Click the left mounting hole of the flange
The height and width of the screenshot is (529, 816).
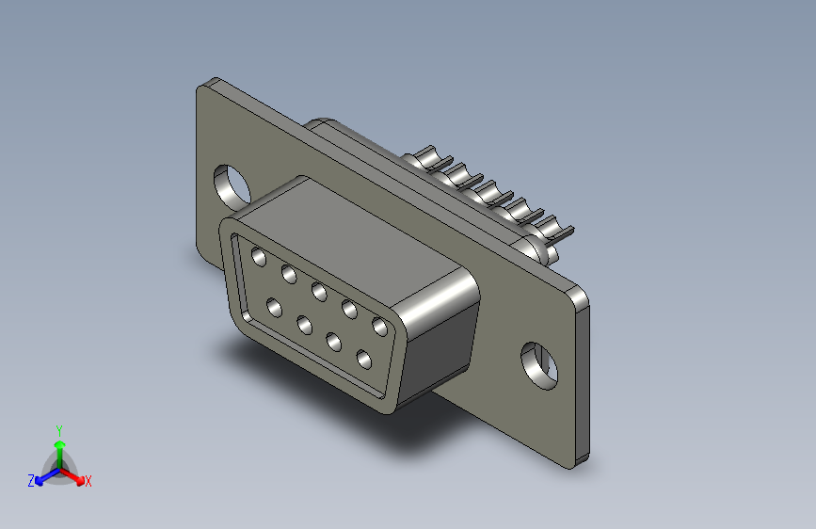coord(232,185)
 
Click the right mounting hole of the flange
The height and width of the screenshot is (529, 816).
coord(539,365)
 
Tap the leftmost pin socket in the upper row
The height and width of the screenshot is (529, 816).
coord(259,257)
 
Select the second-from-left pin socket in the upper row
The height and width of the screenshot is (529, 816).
coord(289,274)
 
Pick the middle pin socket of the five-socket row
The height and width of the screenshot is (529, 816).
coord(320,292)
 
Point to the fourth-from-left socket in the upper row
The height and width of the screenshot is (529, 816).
coord(350,310)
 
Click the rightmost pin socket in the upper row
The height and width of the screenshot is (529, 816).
coord(380,327)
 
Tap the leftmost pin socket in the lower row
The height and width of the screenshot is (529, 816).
coord(274,308)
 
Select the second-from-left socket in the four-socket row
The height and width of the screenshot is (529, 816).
coord(304,326)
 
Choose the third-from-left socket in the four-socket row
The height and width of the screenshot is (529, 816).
coord(333,342)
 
